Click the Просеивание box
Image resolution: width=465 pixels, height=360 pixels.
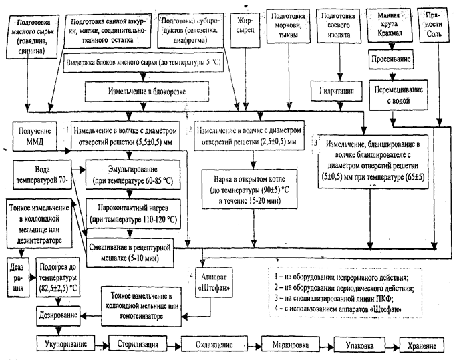[x=393, y=59]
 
